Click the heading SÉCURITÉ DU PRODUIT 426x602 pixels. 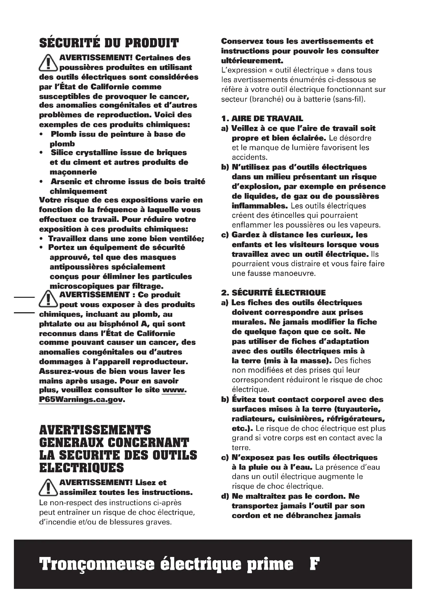(x=109, y=43)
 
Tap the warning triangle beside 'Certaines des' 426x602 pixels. (x=48, y=63)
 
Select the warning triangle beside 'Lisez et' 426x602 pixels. (x=48, y=487)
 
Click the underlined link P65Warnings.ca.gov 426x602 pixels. (x=81, y=399)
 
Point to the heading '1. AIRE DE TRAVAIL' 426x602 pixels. (x=262, y=118)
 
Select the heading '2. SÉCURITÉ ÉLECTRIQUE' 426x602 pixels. (x=273, y=293)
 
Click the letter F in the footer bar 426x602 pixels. (x=314, y=564)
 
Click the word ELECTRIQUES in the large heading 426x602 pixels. (x=82, y=468)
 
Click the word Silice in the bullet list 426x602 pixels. (x=61, y=152)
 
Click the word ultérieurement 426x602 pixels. (x=252, y=60)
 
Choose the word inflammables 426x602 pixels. (x=260, y=206)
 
